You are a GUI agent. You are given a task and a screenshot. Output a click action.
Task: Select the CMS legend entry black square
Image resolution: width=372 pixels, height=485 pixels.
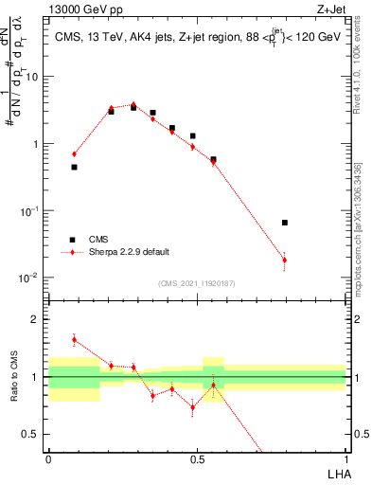point(71,240)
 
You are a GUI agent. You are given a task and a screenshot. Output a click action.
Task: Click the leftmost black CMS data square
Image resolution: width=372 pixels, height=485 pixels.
point(74,167)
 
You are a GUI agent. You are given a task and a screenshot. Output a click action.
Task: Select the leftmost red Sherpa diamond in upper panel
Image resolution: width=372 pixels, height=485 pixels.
point(74,153)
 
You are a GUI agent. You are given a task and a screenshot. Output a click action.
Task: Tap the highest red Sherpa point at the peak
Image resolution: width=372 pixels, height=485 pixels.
point(133,104)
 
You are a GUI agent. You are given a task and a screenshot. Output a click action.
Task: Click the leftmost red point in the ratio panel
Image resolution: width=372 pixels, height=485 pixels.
point(74,339)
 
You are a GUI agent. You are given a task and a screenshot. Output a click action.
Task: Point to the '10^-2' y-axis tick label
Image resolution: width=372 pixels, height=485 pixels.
point(28,278)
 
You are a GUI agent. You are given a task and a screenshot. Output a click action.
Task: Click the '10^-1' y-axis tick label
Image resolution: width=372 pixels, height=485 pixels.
point(28,211)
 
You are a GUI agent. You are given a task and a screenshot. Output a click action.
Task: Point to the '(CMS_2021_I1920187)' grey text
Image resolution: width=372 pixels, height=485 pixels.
point(197,283)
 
